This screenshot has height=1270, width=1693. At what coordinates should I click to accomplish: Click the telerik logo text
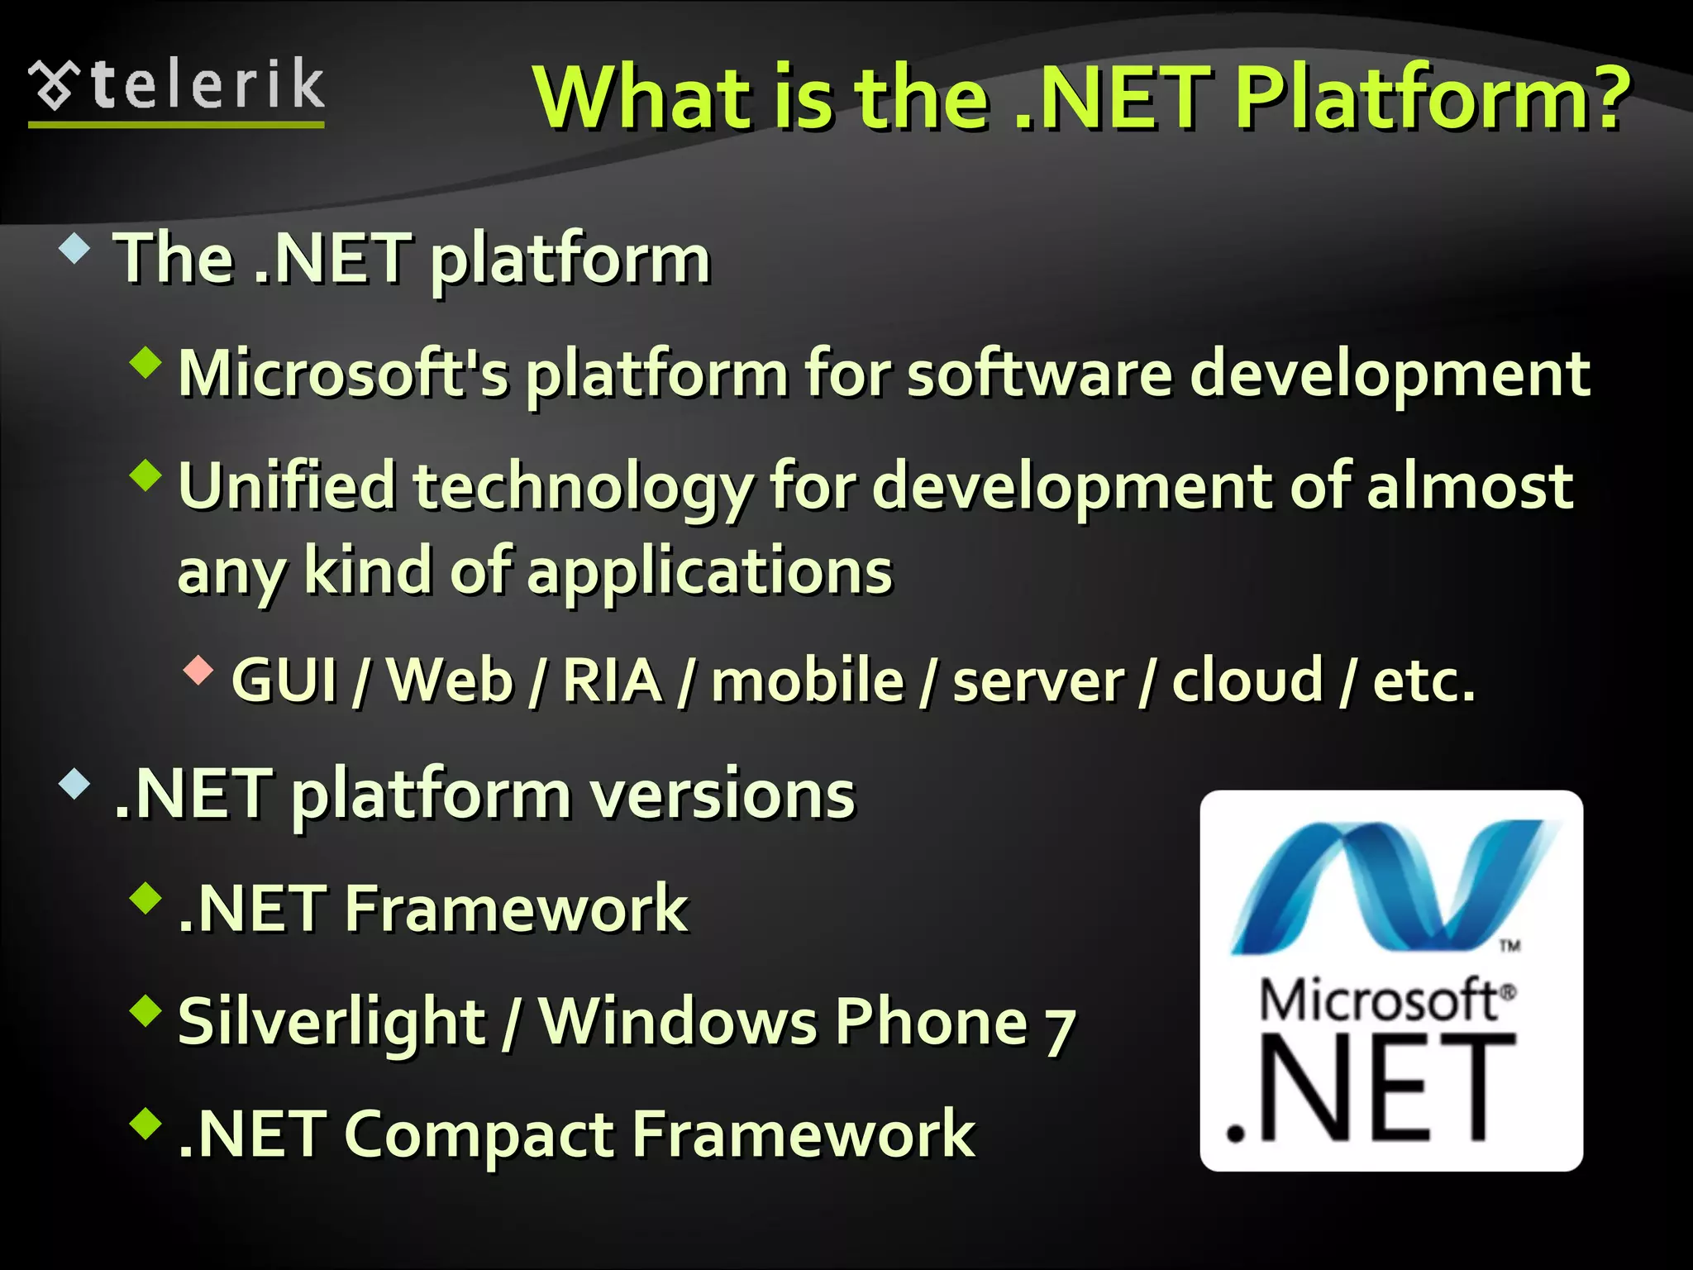point(207,85)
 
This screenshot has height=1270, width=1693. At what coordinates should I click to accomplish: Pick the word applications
point(710,572)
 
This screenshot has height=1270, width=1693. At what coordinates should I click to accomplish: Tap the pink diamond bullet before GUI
point(198,670)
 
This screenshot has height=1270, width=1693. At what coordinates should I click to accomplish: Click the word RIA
point(612,680)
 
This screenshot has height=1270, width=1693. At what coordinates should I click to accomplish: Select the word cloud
point(1247,680)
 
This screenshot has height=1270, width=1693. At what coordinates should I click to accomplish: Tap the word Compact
point(479,1134)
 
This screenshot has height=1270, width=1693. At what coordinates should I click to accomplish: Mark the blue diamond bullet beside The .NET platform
point(74,249)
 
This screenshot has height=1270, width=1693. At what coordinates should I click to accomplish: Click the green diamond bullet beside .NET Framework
point(146,898)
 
